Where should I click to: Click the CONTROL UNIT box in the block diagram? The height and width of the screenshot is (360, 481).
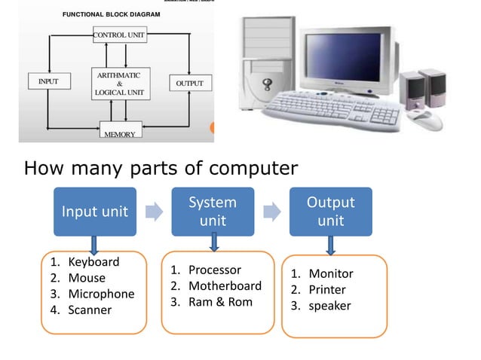point(120,35)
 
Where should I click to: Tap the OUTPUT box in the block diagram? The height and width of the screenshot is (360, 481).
point(189,83)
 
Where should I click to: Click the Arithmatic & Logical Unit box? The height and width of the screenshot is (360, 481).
point(118,84)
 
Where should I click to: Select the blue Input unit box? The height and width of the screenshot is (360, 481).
point(93,212)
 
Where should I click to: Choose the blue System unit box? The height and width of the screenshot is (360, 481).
point(212,212)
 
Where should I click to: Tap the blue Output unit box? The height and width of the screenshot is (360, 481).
point(330,212)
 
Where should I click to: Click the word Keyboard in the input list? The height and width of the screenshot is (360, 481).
point(93,262)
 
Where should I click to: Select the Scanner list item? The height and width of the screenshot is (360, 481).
point(90,310)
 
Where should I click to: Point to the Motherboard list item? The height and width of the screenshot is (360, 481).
point(225,286)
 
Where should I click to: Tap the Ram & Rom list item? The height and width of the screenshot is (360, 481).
point(220,303)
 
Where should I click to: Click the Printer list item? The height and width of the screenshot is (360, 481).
point(327,290)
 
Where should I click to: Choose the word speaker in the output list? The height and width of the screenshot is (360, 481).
point(329,306)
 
